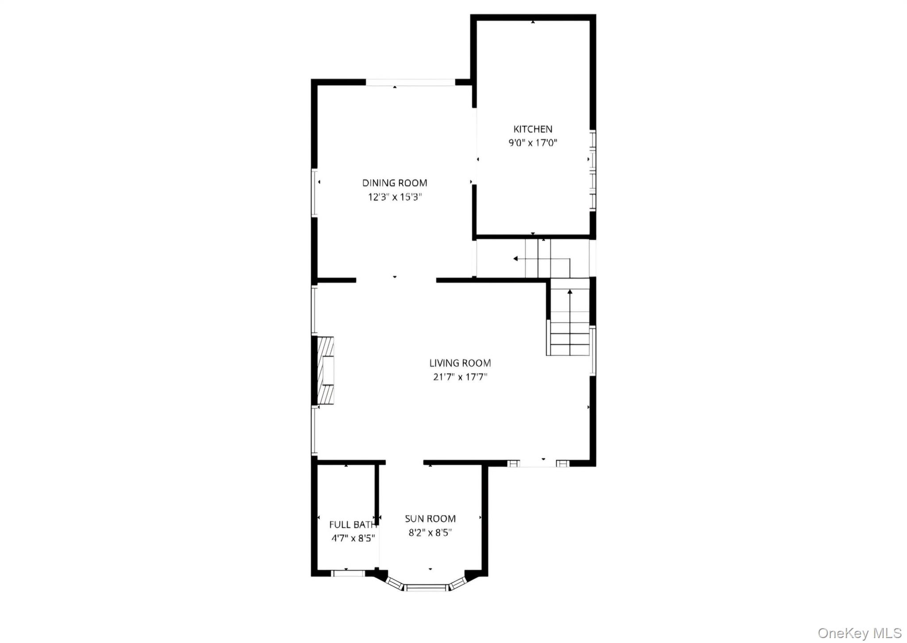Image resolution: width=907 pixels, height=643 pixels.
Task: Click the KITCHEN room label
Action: [x=532, y=129]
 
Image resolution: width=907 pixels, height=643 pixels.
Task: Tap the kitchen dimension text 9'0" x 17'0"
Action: [x=532, y=143]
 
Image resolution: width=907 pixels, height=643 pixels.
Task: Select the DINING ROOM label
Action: [x=395, y=183]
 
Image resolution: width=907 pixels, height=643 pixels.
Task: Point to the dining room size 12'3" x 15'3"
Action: [x=395, y=197]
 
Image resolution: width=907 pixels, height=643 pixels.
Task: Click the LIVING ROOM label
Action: [x=460, y=363]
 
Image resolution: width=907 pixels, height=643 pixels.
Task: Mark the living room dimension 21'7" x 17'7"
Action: [x=460, y=377]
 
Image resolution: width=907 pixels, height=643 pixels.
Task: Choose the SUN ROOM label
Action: [x=430, y=518]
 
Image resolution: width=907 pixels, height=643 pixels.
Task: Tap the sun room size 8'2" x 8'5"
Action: [x=430, y=533]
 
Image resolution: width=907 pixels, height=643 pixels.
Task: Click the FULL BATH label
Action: [x=353, y=525]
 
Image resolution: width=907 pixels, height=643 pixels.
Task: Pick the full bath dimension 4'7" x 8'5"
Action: [x=353, y=538]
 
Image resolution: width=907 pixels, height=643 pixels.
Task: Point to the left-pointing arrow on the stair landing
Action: [x=516, y=258]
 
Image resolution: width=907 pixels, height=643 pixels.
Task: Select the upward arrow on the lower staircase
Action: [x=570, y=292]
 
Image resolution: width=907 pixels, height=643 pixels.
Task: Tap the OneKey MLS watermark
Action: [x=859, y=633]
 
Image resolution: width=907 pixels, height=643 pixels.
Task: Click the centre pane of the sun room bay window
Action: [x=426, y=588]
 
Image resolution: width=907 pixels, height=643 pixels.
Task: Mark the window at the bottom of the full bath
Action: [x=348, y=573]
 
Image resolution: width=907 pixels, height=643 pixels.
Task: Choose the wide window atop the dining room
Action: [x=410, y=82]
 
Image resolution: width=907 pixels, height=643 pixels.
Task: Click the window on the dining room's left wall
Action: [x=314, y=192]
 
